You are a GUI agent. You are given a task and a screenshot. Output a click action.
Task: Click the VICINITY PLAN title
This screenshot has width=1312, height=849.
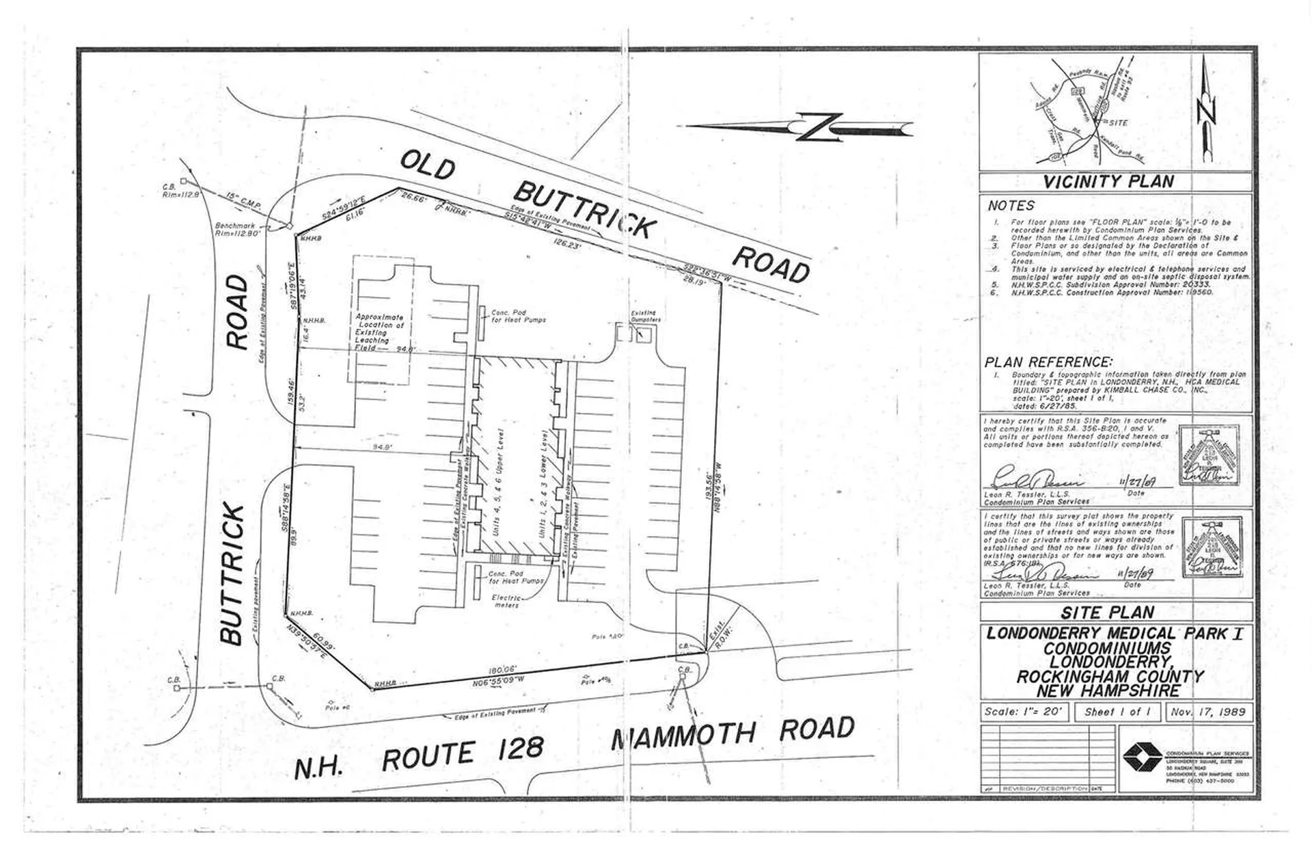(x=1108, y=182)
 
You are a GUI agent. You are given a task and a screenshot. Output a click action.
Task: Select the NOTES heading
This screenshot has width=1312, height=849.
(x=1011, y=206)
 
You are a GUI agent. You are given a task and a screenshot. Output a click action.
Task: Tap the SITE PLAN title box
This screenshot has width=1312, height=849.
(x=1108, y=612)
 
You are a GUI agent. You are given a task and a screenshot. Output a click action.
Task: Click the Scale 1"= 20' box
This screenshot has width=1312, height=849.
(x=1024, y=712)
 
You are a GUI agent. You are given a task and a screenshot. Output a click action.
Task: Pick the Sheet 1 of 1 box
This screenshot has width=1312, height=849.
(x=1118, y=712)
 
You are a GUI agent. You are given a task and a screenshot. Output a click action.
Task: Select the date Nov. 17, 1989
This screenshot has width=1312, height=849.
(x=1208, y=712)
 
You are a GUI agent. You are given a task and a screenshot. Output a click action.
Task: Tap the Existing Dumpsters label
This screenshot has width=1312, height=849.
(x=644, y=316)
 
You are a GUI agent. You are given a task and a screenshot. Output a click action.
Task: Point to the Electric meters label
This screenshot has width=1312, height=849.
(x=507, y=602)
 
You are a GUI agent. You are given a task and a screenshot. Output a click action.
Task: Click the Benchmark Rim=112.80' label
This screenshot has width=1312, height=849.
(x=235, y=230)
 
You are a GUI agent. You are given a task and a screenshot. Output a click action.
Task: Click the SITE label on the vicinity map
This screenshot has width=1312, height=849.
(x=1117, y=123)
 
